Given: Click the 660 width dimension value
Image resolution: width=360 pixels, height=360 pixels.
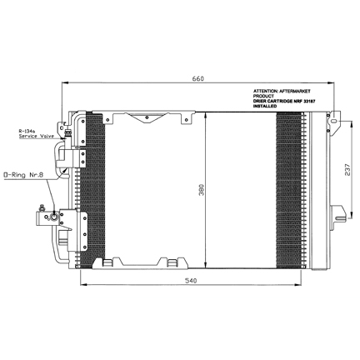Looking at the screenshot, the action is point(198,78).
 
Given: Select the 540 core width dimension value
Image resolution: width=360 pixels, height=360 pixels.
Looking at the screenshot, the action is point(191,281).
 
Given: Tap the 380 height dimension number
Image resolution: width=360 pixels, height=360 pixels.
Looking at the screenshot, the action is point(202,190).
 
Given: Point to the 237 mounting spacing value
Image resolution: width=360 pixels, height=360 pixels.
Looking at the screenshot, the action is point(347,169).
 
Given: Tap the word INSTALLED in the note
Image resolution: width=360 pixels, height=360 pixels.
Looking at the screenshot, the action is point(265,106).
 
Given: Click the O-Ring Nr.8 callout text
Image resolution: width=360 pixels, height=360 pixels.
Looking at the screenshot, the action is point(22,175).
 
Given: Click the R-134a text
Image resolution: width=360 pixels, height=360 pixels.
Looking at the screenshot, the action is point(25,131).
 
